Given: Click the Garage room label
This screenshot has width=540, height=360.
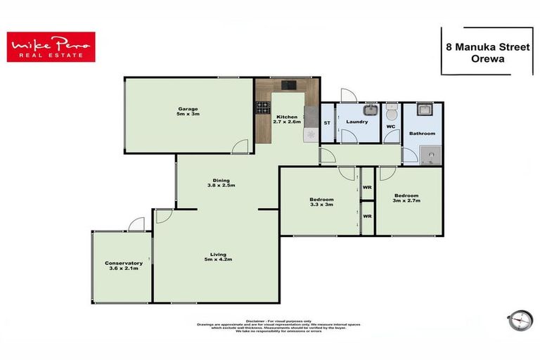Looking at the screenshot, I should tap(187, 113).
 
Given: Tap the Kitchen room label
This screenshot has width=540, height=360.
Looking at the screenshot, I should tap(287, 119).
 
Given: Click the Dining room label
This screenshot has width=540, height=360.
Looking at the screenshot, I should tap(221, 182).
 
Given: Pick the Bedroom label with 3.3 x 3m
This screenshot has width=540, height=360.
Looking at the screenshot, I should tap(321, 202).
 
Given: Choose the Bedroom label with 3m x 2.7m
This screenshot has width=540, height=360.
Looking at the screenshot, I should tap(406, 198).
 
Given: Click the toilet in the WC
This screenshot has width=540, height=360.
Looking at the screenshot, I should tap(392, 112).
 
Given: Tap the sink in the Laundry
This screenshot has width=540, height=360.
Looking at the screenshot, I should tap(368, 110).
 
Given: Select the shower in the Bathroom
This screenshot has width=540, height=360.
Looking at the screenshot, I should tap(428, 154).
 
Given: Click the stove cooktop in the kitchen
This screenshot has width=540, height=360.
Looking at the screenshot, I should tap(263, 108).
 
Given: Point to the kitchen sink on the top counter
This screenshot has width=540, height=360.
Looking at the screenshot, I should tap(289, 86).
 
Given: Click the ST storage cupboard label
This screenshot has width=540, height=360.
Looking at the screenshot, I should tap(327, 123).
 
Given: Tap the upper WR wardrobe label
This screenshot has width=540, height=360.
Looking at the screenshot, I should tap(367, 188).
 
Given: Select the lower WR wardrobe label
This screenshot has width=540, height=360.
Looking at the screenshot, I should tap(367, 216).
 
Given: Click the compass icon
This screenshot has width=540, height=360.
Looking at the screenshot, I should tap(519, 320).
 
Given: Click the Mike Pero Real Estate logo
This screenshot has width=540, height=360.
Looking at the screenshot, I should tap(51, 47).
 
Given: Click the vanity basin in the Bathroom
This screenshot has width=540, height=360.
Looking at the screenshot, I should tap(424, 110).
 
